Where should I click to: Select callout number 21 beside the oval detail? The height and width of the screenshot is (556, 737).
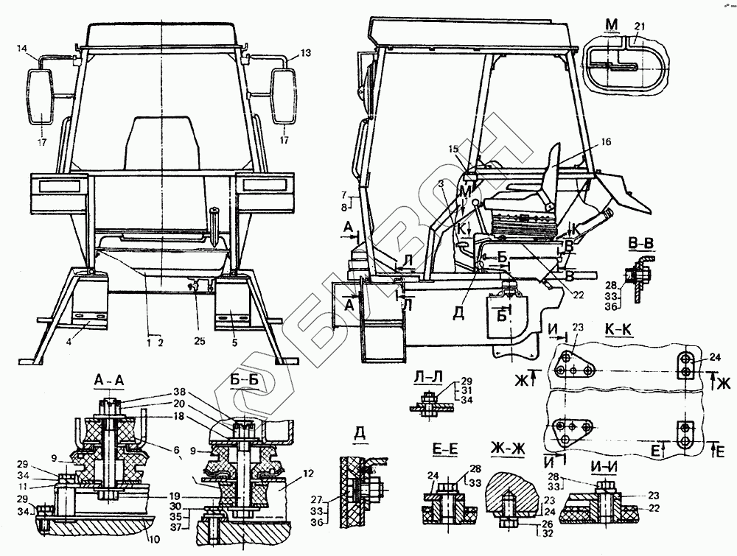click(x=639, y=27)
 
